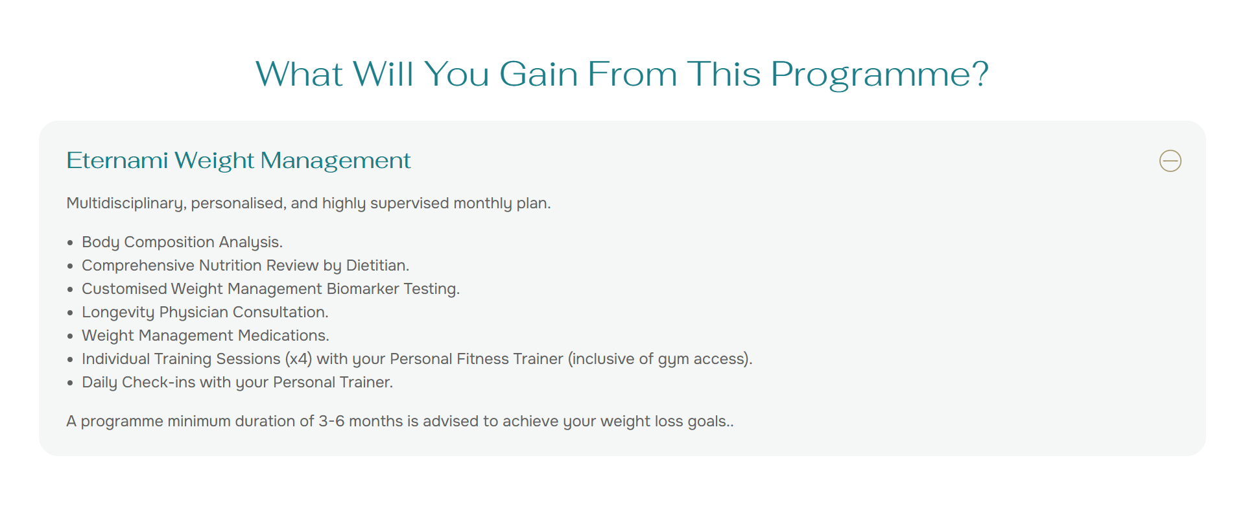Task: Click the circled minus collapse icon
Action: click(x=1170, y=161)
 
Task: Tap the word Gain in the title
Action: click(x=538, y=74)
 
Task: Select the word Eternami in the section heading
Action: click(x=117, y=160)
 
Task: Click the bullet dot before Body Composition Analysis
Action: click(x=70, y=243)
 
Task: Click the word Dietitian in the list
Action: click(x=376, y=265)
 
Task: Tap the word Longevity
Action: click(x=118, y=313)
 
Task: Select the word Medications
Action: click(x=283, y=335)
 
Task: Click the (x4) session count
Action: click(x=298, y=359)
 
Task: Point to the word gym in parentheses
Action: click(x=673, y=360)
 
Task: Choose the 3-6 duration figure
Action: click(x=331, y=421)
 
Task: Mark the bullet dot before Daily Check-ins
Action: click(x=70, y=383)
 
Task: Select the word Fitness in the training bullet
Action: click(x=482, y=359)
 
